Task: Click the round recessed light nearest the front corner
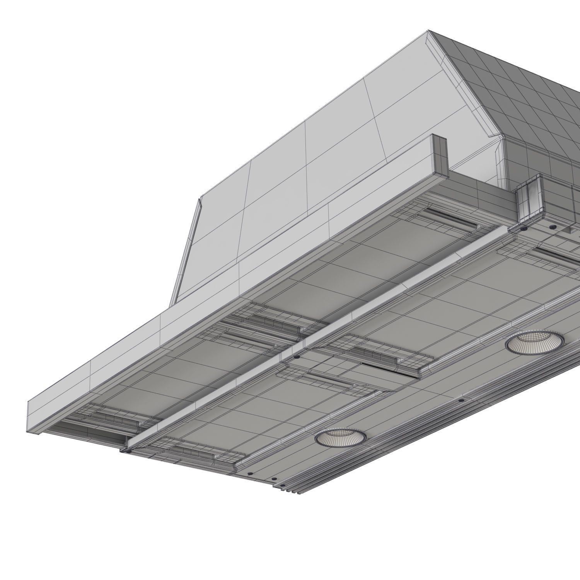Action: [x=340, y=437]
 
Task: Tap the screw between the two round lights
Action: [x=460, y=400]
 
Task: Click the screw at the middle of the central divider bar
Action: [x=296, y=357]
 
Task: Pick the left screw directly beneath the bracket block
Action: [x=524, y=229]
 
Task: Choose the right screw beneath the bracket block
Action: [x=553, y=227]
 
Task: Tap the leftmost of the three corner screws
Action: [x=250, y=473]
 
